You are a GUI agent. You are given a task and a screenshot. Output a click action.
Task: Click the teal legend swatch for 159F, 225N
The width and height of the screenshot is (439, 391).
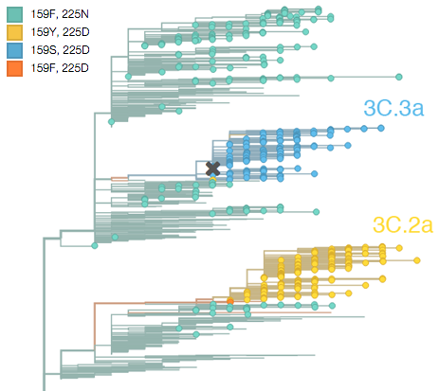[x=14, y=14]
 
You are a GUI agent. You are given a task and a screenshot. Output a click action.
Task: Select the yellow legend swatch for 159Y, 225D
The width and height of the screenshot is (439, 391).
[x=14, y=32]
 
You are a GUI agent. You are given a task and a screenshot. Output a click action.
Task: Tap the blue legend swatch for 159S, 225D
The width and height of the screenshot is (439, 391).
[x=14, y=50]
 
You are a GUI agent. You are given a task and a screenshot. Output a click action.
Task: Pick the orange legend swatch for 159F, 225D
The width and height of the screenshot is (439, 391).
[x=14, y=68]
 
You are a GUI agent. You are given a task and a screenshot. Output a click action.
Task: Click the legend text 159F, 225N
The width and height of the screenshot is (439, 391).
[x=60, y=14]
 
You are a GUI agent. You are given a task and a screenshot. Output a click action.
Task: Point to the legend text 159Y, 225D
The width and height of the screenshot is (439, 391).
[x=60, y=32]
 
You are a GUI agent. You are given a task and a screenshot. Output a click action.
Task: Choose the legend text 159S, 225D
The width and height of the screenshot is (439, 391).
[x=60, y=50]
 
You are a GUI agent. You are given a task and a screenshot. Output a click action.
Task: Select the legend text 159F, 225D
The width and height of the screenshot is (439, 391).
[x=60, y=68]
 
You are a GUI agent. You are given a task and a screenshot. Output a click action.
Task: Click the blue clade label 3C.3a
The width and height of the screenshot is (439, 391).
[x=393, y=108]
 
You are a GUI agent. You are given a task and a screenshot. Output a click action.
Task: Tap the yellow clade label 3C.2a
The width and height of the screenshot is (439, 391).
[x=403, y=225]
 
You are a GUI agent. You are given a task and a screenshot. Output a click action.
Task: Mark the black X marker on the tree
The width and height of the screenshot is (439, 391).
[x=213, y=169]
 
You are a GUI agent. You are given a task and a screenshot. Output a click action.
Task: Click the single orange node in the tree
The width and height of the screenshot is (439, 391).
[x=230, y=302]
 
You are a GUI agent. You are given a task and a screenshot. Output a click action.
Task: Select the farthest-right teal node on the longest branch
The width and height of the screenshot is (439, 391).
[x=399, y=77]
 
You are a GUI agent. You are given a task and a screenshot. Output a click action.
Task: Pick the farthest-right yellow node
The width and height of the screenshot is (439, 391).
[x=417, y=260]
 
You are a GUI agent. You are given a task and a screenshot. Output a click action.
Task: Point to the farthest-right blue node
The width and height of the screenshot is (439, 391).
[x=381, y=128]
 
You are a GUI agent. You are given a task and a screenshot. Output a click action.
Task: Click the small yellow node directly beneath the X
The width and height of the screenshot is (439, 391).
[x=213, y=179]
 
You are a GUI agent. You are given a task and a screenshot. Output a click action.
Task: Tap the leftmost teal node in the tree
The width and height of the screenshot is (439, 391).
[x=95, y=245]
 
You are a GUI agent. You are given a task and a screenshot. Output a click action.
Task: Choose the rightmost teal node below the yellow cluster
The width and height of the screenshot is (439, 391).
[x=332, y=306]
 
